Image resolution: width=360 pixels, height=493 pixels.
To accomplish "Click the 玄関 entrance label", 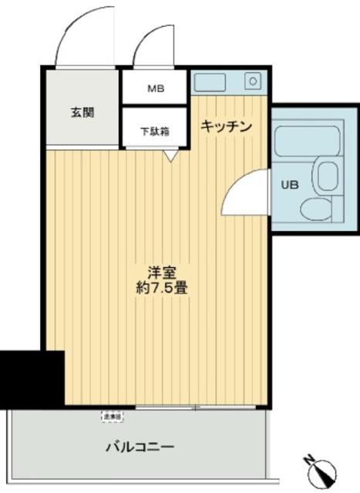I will tap(82, 112).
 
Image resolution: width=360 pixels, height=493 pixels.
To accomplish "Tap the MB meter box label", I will tap(157, 88).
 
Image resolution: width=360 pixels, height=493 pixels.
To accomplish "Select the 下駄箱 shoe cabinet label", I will tap(155, 131).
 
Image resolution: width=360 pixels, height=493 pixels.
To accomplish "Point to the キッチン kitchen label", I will tap(227, 126).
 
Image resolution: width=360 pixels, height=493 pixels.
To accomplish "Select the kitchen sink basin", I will tap(208, 81).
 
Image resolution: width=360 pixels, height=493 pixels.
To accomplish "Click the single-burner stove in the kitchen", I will tap(251, 80).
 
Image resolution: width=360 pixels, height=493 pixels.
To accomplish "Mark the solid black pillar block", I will tap(32, 378).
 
